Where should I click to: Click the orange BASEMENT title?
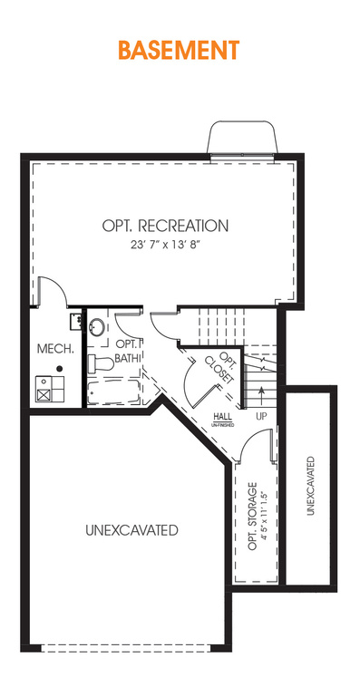[x=179, y=50]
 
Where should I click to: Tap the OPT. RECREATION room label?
[x=165, y=226]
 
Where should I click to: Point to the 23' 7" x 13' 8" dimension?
[x=165, y=245]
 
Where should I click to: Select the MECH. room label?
[x=55, y=348]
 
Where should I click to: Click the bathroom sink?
[x=97, y=327]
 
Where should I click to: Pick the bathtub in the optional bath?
[x=112, y=391]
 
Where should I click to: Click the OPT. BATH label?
[x=128, y=350]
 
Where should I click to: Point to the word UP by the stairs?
[x=261, y=417]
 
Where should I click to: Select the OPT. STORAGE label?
[x=253, y=516]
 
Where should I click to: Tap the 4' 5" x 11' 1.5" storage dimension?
[x=265, y=516]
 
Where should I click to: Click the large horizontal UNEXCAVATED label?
[x=131, y=530]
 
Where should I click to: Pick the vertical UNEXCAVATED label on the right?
[x=311, y=486]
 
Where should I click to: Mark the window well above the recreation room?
[x=243, y=137]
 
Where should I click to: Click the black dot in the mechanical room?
[x=59, y=369]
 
